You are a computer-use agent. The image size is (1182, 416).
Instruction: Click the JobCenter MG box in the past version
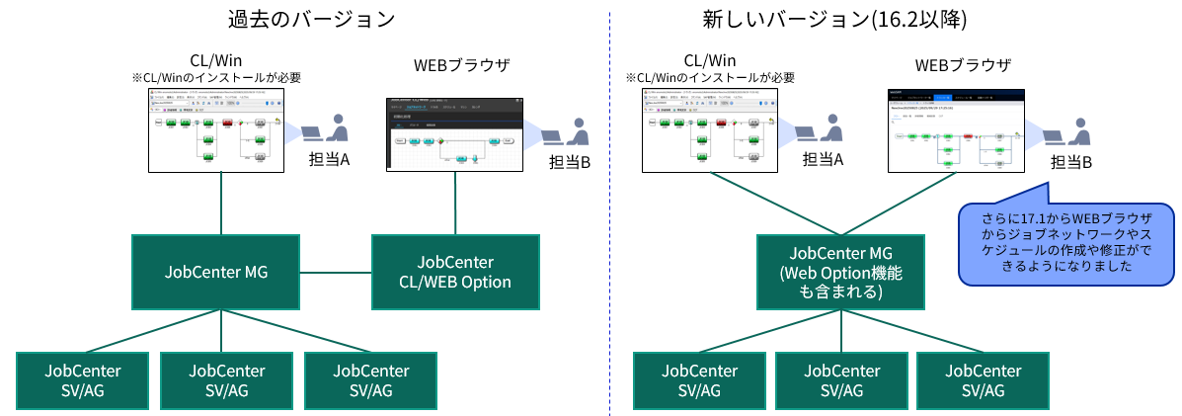(x=215, y=272)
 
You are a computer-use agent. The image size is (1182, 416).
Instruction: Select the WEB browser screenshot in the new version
(x=955, y=129)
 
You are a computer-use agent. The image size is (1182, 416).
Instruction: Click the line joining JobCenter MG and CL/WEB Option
(x=337, y=272)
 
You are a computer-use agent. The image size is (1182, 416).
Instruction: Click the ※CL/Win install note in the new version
(x=710, y=78)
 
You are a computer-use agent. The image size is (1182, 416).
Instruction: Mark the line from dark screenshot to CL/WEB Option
(x=456, y=203)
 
